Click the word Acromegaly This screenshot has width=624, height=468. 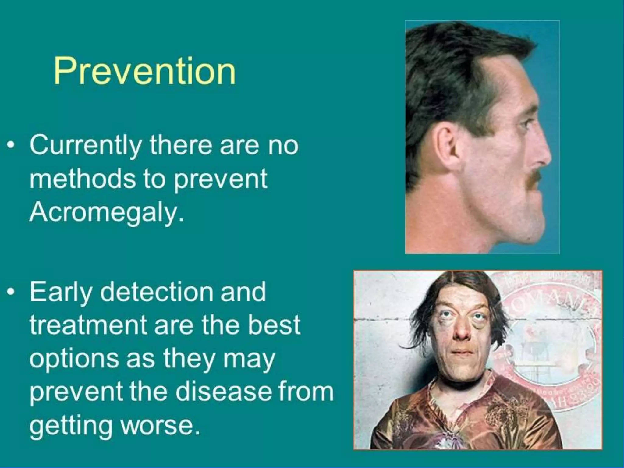point(107,212)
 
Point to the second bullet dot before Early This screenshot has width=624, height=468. point(11,292)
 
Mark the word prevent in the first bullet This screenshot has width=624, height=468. point(220,179)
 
